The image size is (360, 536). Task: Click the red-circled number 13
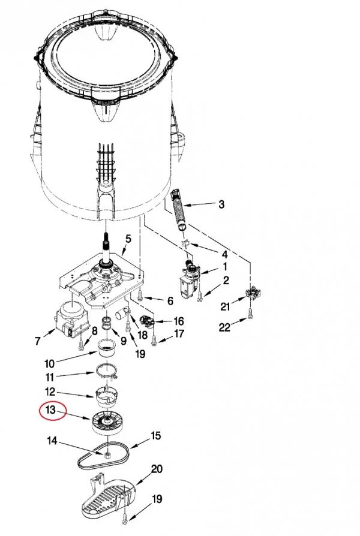(x=50, y=409)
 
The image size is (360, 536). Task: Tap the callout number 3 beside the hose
(x=221, y=204)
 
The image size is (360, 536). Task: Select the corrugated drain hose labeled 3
(x=178, y=209)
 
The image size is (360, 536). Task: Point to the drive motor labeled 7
(x=72, y=320)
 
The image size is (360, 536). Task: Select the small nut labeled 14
(x=108, y=454)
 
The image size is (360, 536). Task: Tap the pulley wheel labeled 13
(x=108, y=423)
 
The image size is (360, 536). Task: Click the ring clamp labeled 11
(x=106, y=371)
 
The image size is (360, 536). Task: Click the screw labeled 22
(x=250, y=312)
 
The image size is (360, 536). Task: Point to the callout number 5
(x=128, y=239)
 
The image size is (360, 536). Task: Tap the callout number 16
(x=179, y=321)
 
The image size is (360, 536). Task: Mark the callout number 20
(x=157, y=469)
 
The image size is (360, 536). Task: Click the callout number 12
(x=50, y=392)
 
